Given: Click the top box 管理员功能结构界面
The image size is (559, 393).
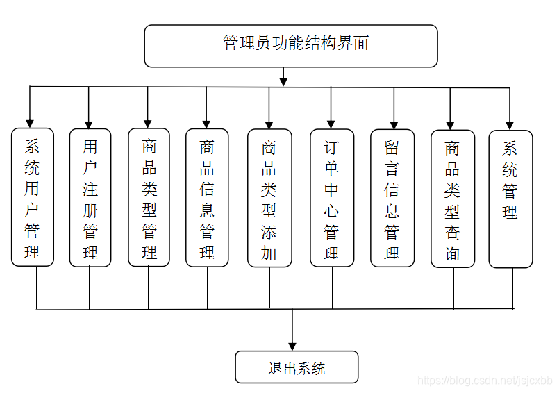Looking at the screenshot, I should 291,46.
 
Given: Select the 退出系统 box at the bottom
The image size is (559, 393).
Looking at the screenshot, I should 297,367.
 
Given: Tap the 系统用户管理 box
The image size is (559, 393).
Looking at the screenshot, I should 33,197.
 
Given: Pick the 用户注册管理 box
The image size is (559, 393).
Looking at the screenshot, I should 90,197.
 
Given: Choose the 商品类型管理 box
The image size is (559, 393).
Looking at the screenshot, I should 149,197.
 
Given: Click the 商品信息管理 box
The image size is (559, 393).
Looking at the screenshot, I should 207,197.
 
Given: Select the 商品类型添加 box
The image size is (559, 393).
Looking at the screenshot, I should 269,197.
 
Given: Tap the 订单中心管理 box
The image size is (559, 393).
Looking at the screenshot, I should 331,197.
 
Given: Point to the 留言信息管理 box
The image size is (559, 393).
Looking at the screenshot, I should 392,197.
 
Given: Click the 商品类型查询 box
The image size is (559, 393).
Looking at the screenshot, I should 453,197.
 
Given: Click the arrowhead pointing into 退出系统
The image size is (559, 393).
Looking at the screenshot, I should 292,345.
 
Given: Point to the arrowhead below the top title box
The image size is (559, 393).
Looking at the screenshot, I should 283,81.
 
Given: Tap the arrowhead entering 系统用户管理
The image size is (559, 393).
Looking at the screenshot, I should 30,123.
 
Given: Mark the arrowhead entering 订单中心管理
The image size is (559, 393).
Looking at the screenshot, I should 331,123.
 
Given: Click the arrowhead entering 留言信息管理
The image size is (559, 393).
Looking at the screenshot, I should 394,123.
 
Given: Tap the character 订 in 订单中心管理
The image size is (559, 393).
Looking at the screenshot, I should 331,148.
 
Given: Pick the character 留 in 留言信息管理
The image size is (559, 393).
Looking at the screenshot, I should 392,148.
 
